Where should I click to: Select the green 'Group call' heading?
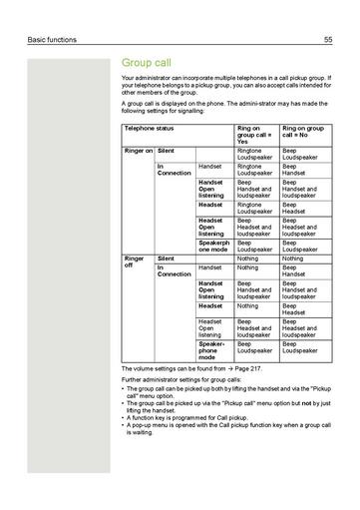click(x=147, y=62)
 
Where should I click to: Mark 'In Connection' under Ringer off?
click(x=174, y=271)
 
